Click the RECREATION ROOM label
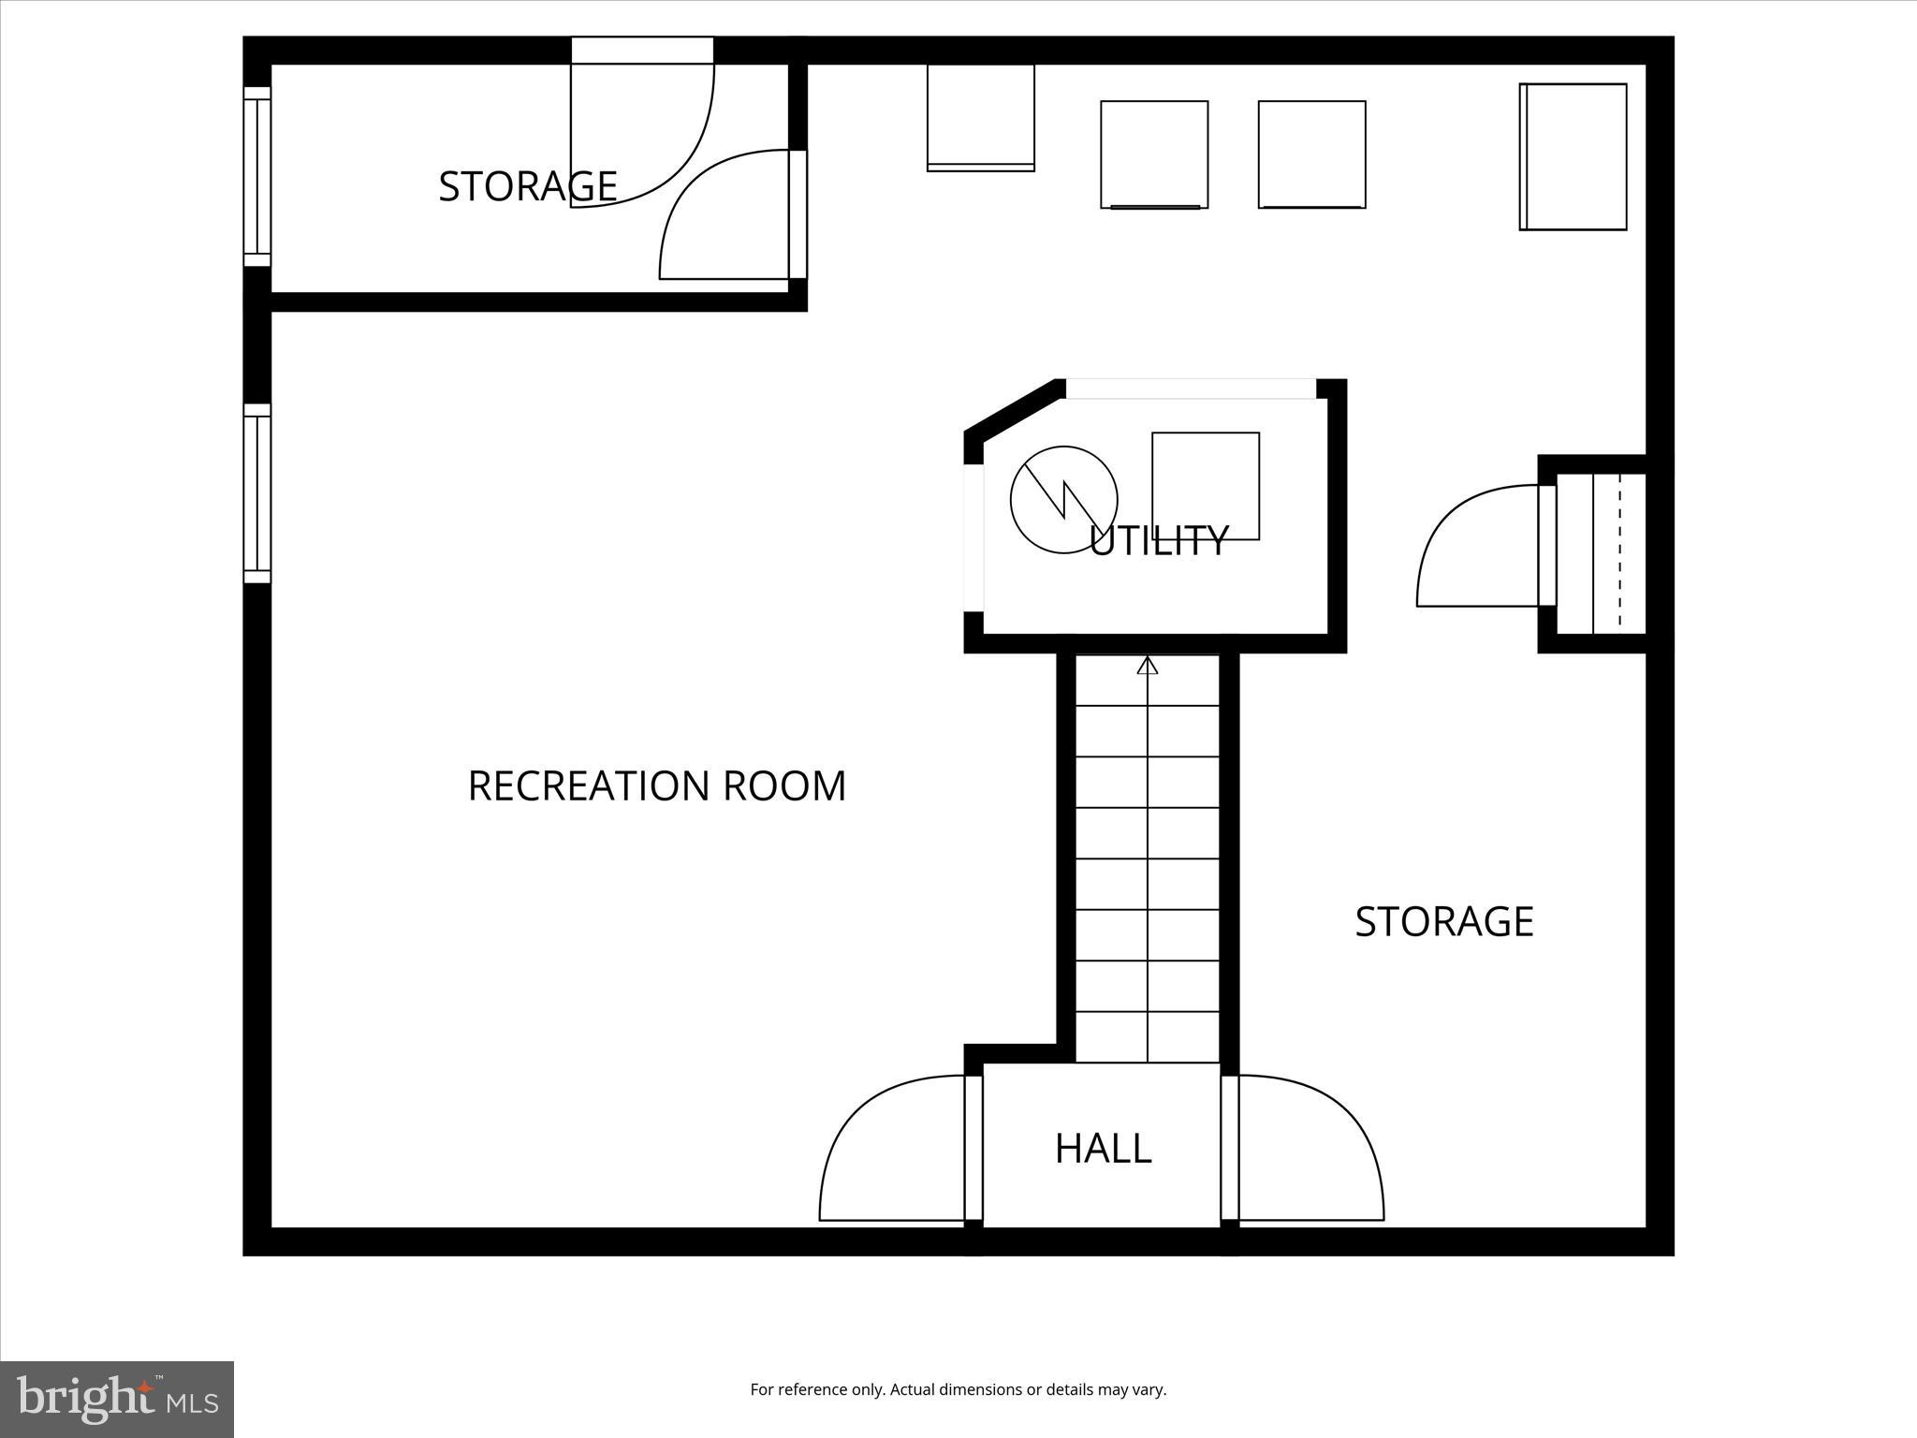pos(656,786)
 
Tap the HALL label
pos(1103,1149)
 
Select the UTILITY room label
pos(1159,541)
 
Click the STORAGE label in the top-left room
pos(527,187)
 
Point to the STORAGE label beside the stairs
pos(1443,922)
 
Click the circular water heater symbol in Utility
pos(1063,499)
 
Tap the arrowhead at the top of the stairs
pos(1148,666)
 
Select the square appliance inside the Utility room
pos(1206,486)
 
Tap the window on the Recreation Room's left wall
pos(257,493)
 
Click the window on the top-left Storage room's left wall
pos(257,177)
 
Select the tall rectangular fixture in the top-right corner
pos(1573,156)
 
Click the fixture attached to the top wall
pos(980,117)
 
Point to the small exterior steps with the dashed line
pos(1601,552)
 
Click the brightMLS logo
pos(117,1399)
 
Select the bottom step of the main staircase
pos(1148,1037)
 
